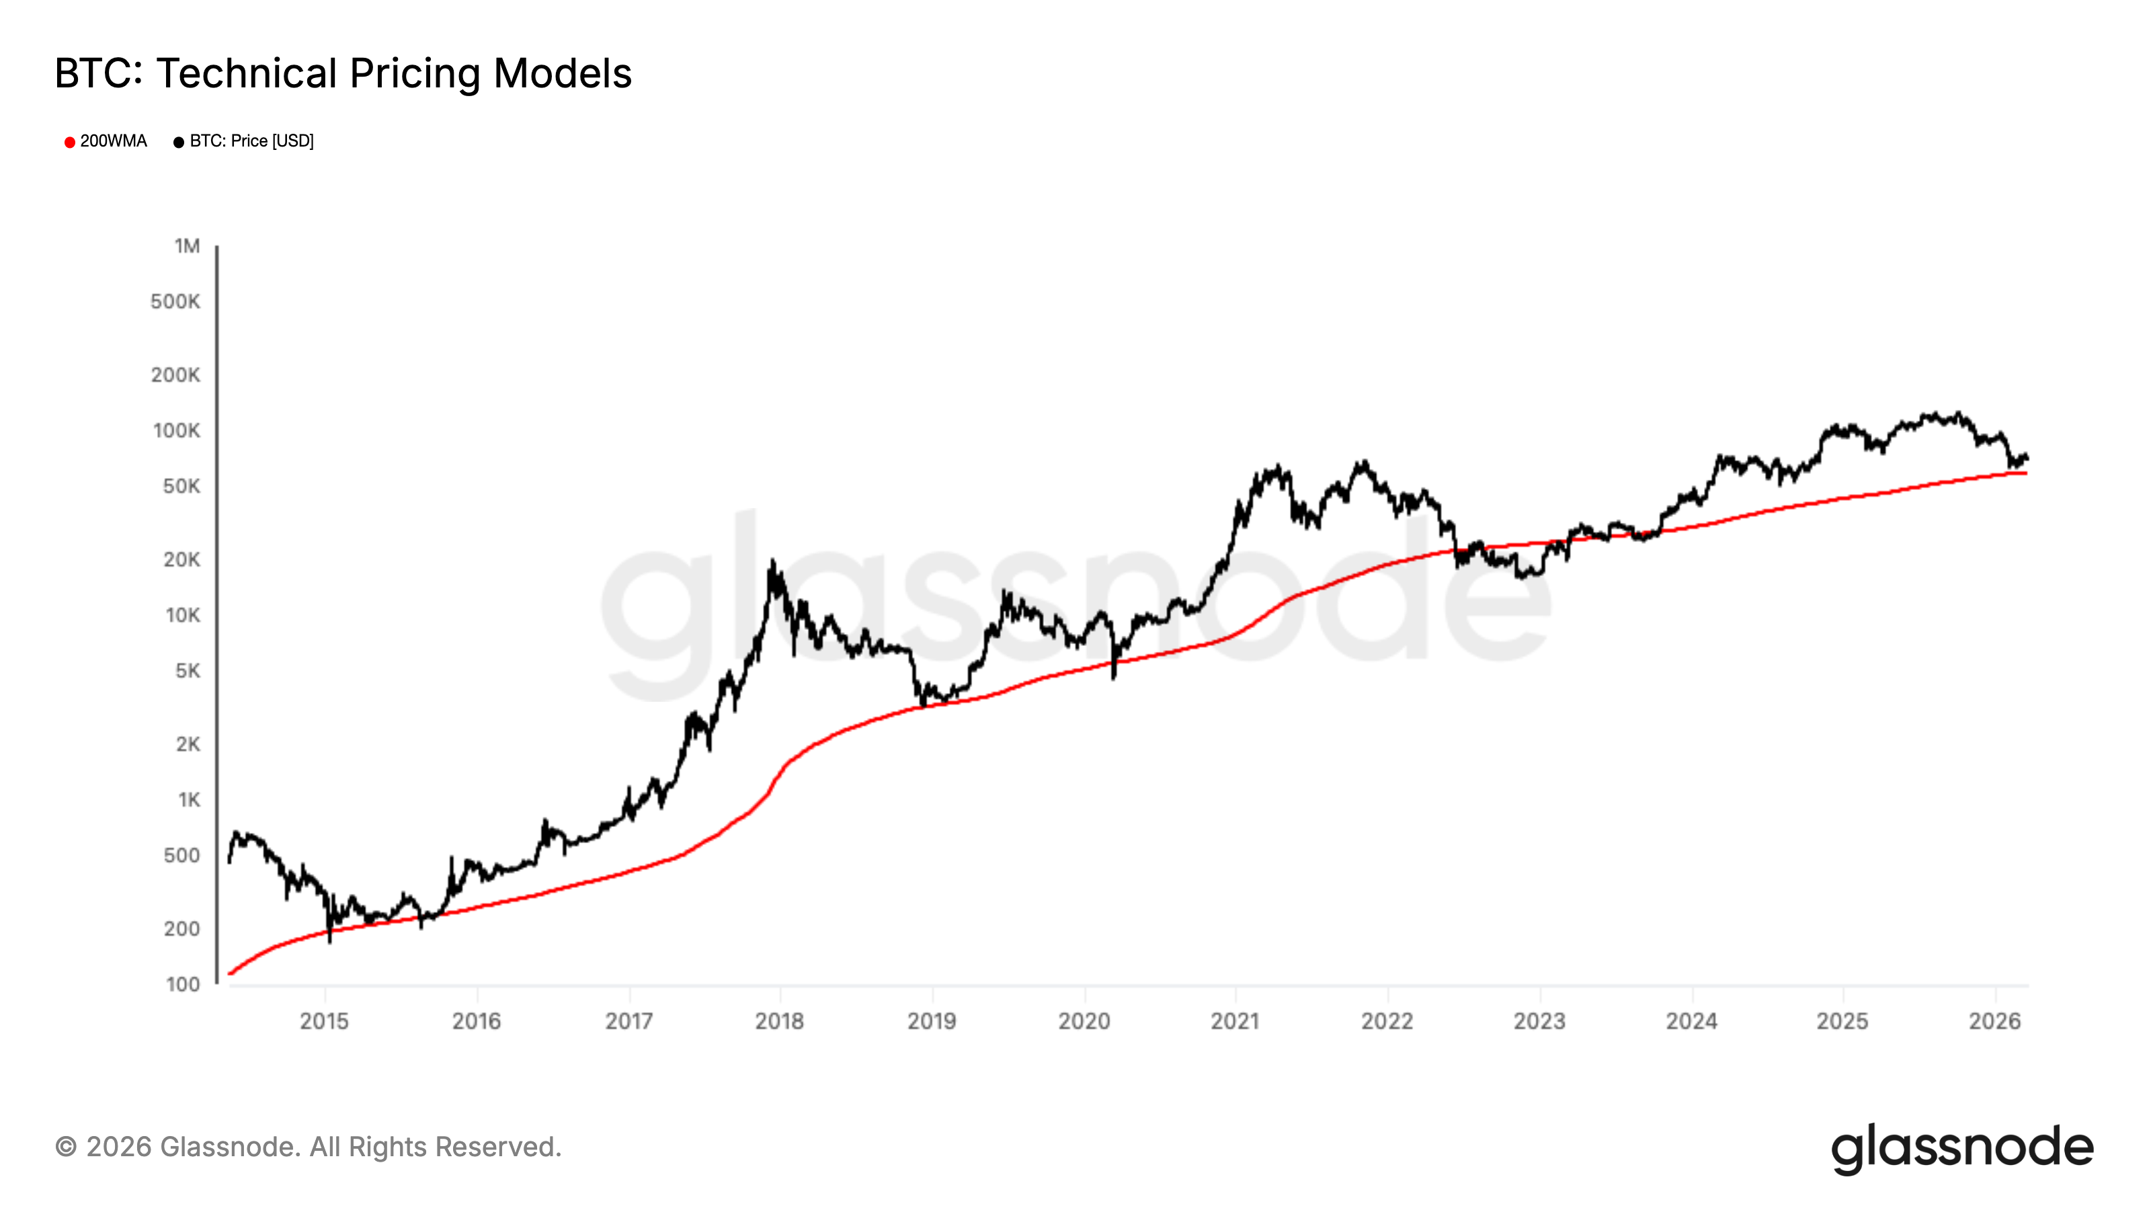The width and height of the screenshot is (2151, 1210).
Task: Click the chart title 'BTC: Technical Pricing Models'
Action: [x=342, y=73]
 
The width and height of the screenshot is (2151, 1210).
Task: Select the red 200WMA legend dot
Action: [x=70, y=142]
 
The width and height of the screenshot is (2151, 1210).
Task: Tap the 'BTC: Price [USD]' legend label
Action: [x=251, y=141]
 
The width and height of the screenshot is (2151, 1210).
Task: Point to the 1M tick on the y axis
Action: [x=187, y=245]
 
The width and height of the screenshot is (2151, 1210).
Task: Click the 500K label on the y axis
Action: [x=175, y=301]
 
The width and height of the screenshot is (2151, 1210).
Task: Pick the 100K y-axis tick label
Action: [x=176, y=431]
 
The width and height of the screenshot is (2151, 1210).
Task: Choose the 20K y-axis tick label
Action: [x=181, y=559]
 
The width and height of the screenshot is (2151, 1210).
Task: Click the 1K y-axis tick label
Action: [x=189, y=800]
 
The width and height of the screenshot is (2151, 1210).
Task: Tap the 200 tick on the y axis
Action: [x=181, y=928]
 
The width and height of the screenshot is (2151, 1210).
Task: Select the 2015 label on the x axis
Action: [x=324, y=1020]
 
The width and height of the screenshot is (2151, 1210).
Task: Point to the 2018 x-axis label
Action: [x=779, y=1020]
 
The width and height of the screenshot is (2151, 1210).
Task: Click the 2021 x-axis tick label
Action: [x=1235, y=1020]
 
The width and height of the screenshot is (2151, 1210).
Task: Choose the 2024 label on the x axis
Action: [x=1691, y=1020]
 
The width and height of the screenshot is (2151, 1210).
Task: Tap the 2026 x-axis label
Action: [x=1994, y=1020]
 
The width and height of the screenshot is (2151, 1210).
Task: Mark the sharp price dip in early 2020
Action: [x=1114, y=676]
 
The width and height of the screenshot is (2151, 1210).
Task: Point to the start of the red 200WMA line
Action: [x=230, y=973]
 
